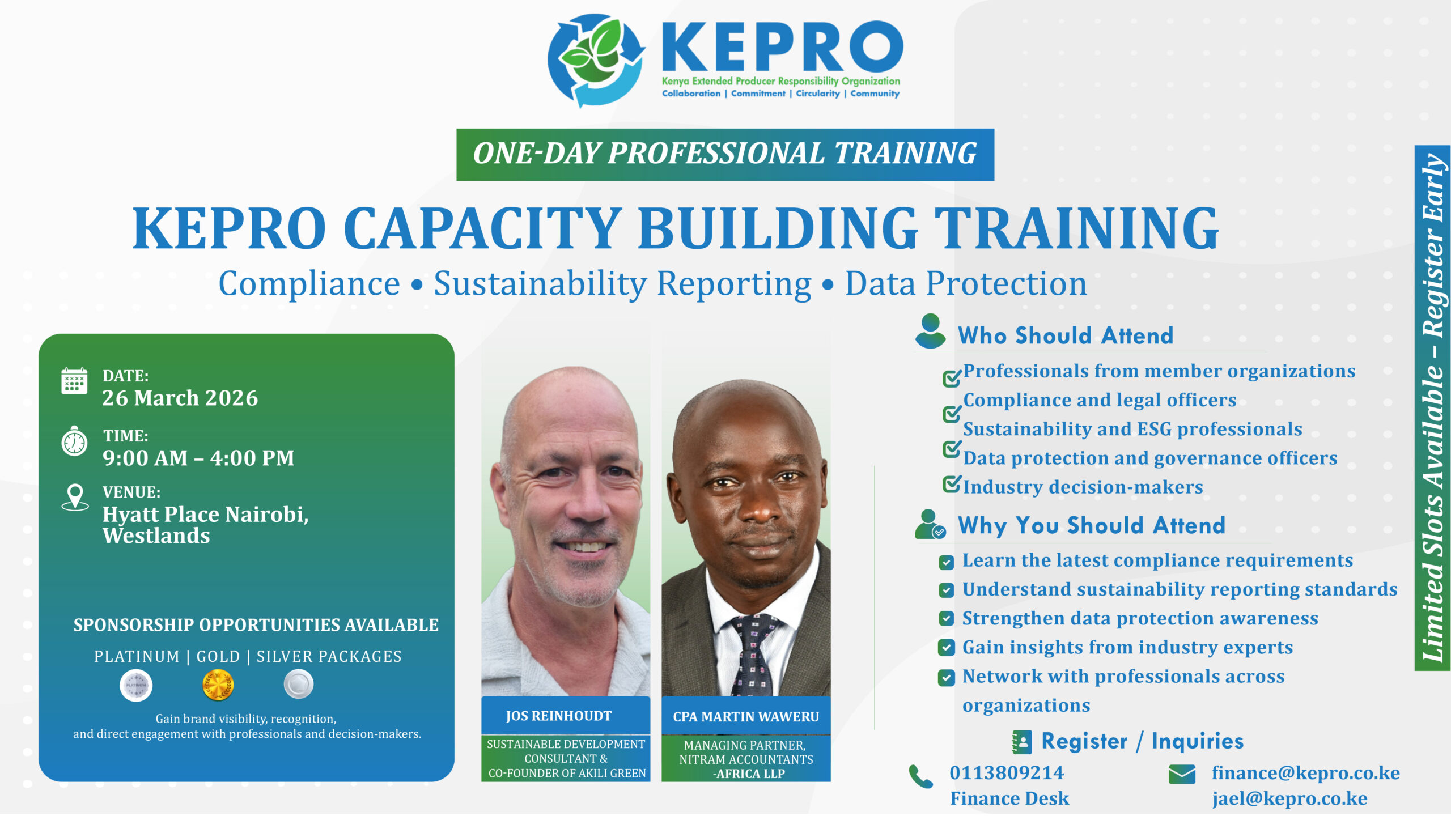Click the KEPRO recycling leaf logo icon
(x=596, y=59)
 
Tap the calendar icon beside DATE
(x=74, y=381)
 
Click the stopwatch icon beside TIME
(x=74, y=441)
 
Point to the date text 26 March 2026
(x=180, y=398)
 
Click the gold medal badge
(x=218, y=685)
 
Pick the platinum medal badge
(x=136, y=685)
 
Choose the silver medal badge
(x=298, y=684)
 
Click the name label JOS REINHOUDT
(x=559, y=716)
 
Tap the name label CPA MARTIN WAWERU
(x=746, y=717)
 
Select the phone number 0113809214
(x=1007, y=773)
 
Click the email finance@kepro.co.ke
(x=1305, y=773)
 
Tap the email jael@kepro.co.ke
(x=1289, y=798)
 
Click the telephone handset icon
(x=921, y=776)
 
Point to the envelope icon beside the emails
(x=1182, y=774)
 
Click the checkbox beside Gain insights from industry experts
(x=946, y=648)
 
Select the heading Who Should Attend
(x=1066, y=335)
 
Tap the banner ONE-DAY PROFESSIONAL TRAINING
(x=725, y=154)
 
